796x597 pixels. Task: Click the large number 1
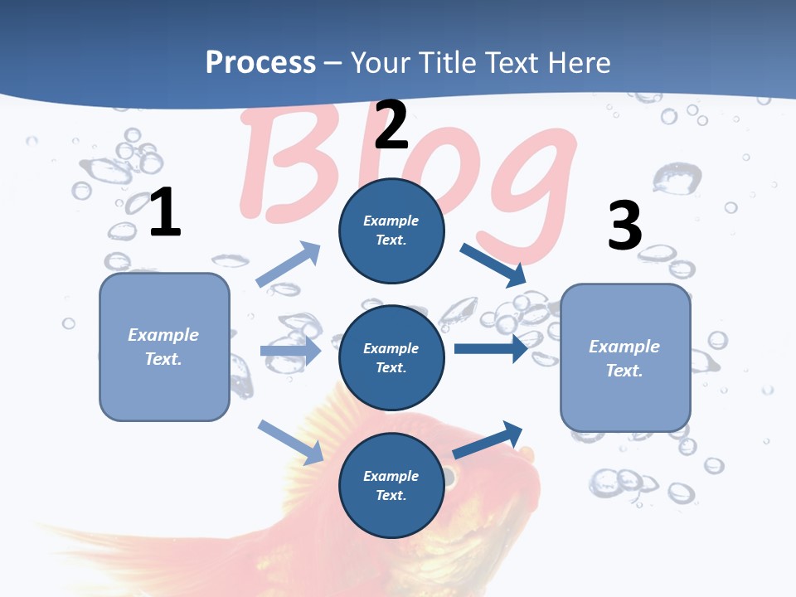tap(165, 213)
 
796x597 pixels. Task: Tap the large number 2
tap(391, 124)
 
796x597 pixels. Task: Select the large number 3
tap(624, 226)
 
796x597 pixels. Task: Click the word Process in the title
tap(260, 62)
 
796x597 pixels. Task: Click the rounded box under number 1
tap(164, 347)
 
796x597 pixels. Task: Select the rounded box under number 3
tap(625, 358)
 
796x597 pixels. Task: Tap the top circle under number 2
tap(391, 231)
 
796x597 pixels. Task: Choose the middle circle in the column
tap(391, 357)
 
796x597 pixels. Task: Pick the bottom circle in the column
tap(391, 485)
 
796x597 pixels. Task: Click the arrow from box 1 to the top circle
tap(289, 264)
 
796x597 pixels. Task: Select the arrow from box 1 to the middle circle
tap(290, 351)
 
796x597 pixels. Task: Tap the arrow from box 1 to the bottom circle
tap(291, 442)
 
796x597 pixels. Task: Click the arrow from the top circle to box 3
tap(494, 264)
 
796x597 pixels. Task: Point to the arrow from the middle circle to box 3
tap(491, 348)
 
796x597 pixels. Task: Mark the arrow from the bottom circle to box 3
tap(488, 439)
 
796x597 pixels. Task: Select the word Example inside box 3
tap(624, 347)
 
